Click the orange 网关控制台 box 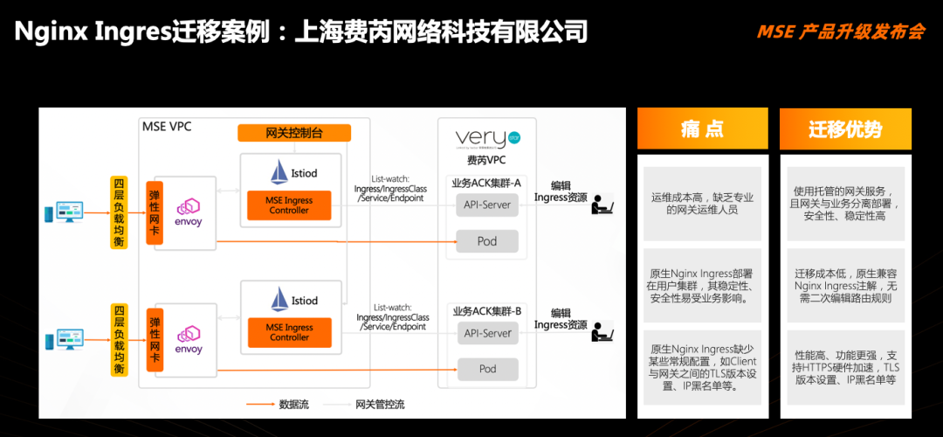point(294,133)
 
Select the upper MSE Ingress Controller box point(289,205)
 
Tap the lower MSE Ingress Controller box point(289,332)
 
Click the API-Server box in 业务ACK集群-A point(487,205)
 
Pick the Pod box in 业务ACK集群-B point(487,369)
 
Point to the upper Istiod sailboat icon point(280,172)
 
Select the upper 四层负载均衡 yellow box point(119,212)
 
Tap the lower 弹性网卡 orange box point(155,339)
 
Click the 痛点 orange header point(702,129)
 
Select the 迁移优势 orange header point(845,129)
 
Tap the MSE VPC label point(167,127)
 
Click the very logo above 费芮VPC point(488,139)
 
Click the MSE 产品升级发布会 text point(841,32)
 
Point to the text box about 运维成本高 point(702,204)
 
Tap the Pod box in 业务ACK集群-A point(487,240)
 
